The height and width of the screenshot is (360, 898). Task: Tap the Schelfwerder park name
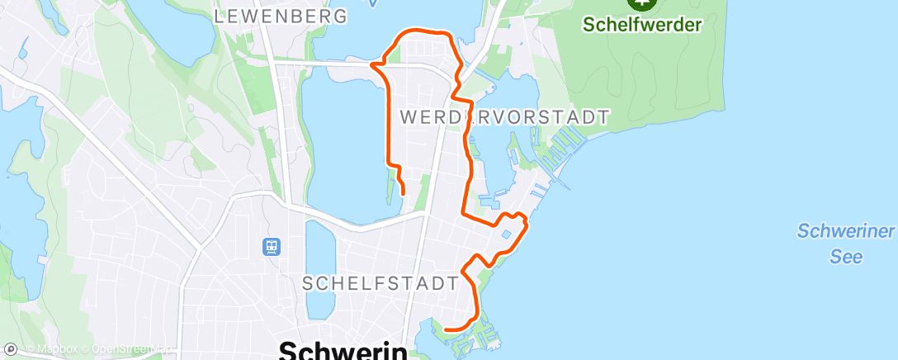click(641, 24)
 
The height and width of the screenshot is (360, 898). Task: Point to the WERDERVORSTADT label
click(504, 117)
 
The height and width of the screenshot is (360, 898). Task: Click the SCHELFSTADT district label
click(380, 283)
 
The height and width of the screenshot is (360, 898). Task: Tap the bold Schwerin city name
click(343, 351)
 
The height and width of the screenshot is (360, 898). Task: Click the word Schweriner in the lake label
click(846, 231)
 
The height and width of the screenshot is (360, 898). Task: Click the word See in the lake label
click(846, 257)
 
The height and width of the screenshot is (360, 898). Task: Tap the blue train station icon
click(271, 246)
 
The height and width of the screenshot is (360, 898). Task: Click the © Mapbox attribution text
click(54, 349)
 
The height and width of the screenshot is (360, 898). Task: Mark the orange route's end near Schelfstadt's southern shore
click(446, 329)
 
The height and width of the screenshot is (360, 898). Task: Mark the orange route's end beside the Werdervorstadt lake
click(403, 192)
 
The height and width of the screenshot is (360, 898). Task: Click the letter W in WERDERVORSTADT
click(407, 117)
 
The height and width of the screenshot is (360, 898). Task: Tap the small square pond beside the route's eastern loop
click(506, 234)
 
